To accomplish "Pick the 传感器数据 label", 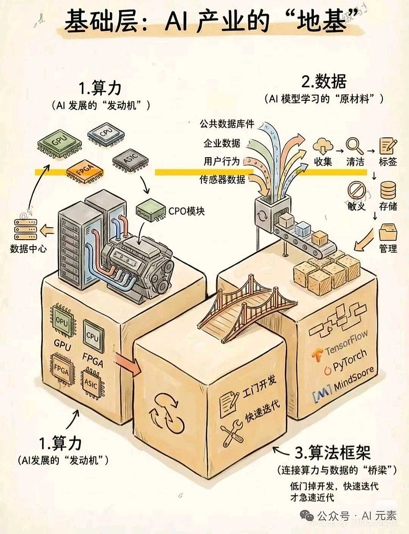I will pos(222,179).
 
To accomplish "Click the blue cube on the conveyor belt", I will pos(303,228).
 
